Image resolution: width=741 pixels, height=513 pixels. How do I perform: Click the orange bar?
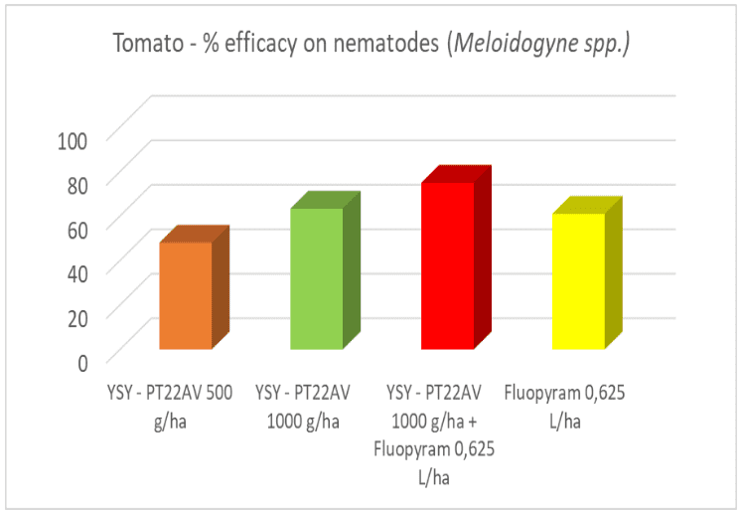tap(186, 295)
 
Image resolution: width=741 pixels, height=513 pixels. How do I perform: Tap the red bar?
tap(448, 265)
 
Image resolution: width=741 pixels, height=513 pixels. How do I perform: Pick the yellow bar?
tap(579, 281)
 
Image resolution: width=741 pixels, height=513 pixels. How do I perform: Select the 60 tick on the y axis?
tap(78, 227)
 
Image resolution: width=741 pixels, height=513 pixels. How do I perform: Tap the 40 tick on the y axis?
tap(78, 270)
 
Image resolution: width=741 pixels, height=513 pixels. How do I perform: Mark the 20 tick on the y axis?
tap(78, 315)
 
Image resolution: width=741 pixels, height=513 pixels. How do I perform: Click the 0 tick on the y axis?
tap(84, 360)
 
